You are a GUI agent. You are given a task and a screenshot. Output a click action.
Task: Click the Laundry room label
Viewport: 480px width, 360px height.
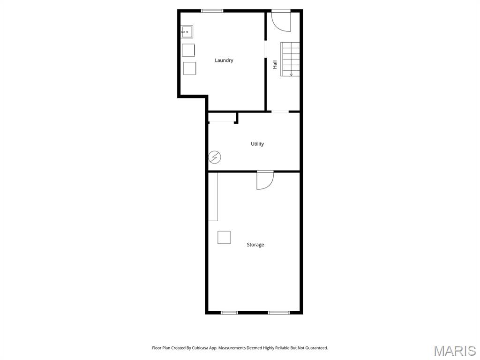coord(224,60)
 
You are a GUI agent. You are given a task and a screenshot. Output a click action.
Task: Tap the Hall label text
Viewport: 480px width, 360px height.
coord(275,64)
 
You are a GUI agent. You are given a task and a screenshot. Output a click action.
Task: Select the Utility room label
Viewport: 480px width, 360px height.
coord(257,144)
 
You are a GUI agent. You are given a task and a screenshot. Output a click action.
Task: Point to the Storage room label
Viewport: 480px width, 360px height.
coord(255,245)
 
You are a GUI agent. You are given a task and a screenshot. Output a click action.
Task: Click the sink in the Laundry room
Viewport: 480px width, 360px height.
coord(187,32)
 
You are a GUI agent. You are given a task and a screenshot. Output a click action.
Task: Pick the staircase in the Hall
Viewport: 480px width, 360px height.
coord(290,59)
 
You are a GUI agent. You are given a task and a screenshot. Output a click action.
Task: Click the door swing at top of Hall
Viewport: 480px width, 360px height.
coord(282,22)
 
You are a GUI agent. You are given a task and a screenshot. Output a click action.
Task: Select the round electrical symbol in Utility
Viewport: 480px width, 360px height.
coord(215,157)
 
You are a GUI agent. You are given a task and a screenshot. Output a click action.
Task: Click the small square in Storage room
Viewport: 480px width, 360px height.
coord(224,238)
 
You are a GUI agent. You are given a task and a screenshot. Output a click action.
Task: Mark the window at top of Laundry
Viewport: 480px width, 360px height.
coord(212,11)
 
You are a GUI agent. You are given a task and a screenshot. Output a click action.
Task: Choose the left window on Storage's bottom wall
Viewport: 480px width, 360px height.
coord(229,312)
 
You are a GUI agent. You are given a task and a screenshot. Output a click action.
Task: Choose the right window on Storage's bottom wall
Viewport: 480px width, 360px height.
coord(278,312)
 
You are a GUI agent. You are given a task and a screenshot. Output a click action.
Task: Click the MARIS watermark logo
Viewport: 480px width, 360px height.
coord(454,351)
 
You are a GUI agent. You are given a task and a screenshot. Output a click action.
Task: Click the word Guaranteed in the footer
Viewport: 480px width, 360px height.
coord(316,348)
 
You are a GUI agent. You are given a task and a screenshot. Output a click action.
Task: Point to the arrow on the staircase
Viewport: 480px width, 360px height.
coord(291,73)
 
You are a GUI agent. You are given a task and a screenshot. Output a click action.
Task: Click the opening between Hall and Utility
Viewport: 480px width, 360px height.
coord(280,112)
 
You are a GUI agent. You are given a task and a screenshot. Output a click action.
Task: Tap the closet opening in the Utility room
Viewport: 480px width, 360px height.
coord(222,122)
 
